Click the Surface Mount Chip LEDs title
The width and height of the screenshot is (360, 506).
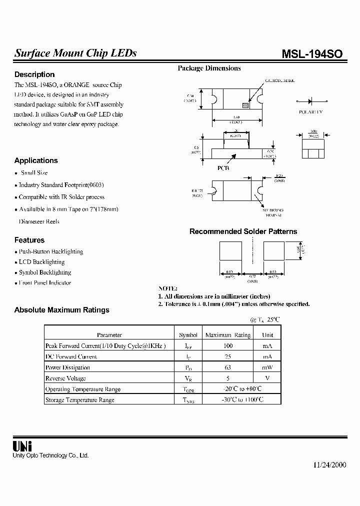[75, 53]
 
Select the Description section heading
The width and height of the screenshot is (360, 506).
[34, 74]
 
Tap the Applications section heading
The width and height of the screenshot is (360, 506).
[36, 160]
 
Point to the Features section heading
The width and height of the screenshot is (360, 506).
[29, 240]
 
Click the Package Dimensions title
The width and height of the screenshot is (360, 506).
[209, 68]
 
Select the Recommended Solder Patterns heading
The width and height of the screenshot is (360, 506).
[243, 231]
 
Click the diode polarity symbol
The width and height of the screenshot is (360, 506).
[310, 100]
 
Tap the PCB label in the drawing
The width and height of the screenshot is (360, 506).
[223, 168]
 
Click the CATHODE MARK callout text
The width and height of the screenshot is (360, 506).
[280, 80]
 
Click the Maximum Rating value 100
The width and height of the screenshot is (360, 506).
[227, 345]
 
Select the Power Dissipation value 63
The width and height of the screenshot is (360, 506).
[227, 367]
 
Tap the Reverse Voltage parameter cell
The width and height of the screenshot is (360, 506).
[65, 378]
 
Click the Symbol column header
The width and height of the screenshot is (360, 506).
[188, 335]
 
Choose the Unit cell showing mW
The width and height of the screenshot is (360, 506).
[267, 367]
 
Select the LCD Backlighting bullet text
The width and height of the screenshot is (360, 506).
[41, 262]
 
